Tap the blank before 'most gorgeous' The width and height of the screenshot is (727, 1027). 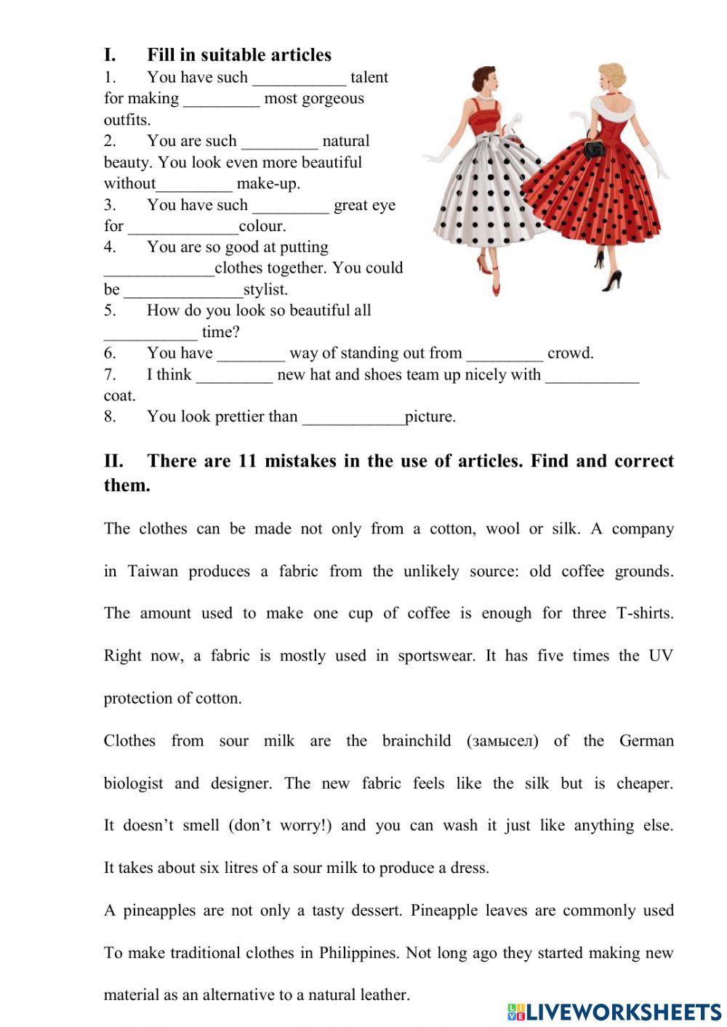tap(221, 100)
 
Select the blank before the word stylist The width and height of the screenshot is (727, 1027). tap(183, 290)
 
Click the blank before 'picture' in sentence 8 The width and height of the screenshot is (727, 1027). tap(353, 417)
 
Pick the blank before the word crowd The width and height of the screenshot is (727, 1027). tap(504, 354)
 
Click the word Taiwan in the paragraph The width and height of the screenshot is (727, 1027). tap(153, 571)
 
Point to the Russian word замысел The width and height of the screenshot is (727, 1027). tap(503, 741)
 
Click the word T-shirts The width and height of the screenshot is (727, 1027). tap(644, 613)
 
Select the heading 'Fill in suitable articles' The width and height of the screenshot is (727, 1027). tap(239, 55)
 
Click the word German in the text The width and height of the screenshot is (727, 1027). tap(646, 741)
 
